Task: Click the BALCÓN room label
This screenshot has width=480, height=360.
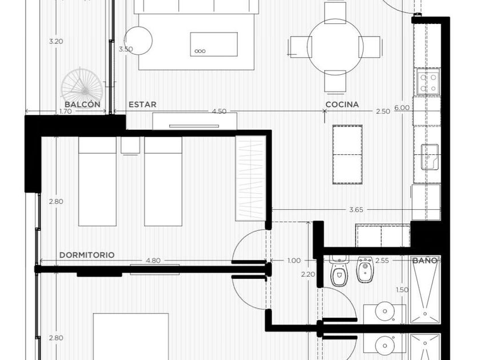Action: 82,105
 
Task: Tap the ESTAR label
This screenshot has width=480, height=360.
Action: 142,105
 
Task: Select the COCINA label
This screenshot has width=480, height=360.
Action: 342,105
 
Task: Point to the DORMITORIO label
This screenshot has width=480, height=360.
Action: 87,255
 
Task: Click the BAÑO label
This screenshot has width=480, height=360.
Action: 425,261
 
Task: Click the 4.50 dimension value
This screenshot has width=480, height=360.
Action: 219,111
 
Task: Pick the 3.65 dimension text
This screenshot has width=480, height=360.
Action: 357,210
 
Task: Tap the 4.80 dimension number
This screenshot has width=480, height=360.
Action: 153,261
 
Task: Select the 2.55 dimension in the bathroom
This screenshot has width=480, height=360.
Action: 382,261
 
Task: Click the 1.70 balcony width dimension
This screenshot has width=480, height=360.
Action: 66,111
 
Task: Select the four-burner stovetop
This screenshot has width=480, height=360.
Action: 428,81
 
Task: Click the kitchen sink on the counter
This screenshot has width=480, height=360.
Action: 430,157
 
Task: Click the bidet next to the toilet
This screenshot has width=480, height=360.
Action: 365,269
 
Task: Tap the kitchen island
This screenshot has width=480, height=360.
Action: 347,155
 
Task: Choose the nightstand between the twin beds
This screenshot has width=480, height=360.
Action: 130,145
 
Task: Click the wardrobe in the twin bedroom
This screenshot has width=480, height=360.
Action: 251,178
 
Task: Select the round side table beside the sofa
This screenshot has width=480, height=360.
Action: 138,41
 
